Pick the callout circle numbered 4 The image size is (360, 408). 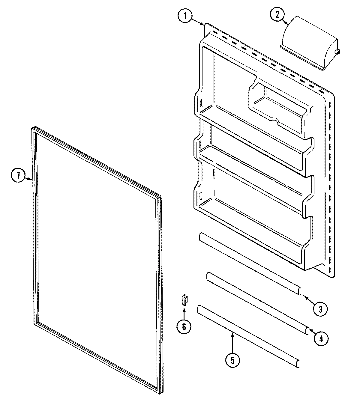321,338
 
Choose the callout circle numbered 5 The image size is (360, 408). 233,361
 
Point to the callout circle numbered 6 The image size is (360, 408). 184,326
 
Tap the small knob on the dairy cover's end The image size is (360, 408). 337,52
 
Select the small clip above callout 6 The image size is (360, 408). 184,300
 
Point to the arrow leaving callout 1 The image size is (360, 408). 198,22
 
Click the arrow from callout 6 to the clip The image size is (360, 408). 184,312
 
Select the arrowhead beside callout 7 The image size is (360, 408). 30,179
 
